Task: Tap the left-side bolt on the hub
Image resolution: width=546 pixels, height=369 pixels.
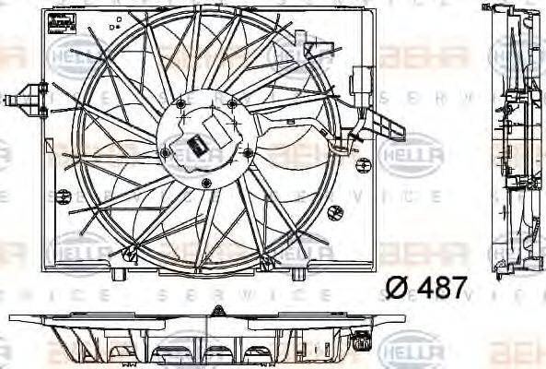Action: click(x=163, y=151)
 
